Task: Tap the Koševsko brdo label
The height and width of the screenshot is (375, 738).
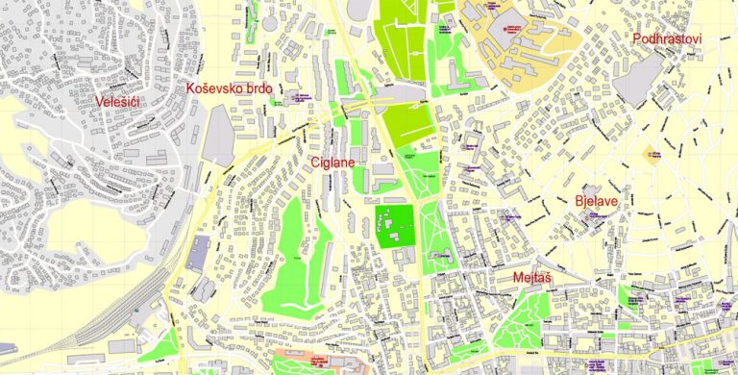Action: click(230, 89)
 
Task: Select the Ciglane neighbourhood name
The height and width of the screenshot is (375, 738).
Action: click(332, 162)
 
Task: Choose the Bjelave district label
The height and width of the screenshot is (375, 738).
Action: click(596, 202)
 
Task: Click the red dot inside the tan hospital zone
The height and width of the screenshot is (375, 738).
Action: click(515, 28)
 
